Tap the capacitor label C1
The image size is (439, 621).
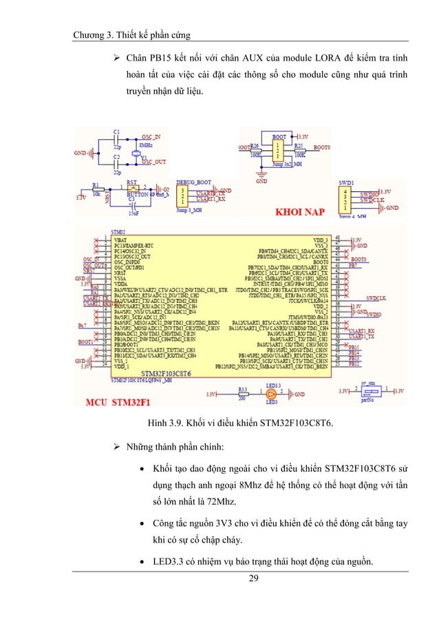tap(116, 131)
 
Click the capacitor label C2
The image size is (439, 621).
tap(116, 158)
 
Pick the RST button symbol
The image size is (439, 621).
tap(136, 189)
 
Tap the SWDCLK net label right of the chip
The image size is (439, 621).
tap(376, 298)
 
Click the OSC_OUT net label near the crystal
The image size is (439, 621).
tap(155, 162)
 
